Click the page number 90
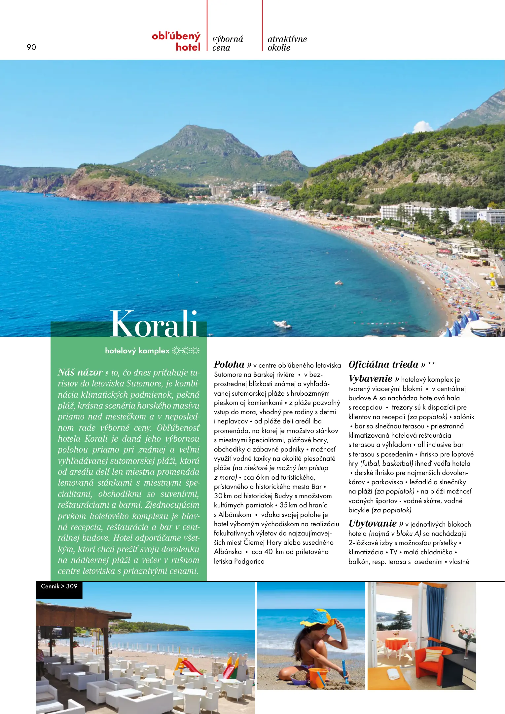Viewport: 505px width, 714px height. (31, 47)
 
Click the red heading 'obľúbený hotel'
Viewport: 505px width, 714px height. (176, 41)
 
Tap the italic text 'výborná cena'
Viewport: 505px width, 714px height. (228, 43)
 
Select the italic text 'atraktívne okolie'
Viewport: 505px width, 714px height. (287, 43)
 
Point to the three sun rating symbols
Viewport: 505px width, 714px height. (186, 351)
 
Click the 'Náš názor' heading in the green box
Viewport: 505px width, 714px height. (80, 373)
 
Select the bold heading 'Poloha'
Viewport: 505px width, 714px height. (229, 365)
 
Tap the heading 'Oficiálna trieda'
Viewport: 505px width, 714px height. (383, 365)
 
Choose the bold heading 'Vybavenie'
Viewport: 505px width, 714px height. (371, 379)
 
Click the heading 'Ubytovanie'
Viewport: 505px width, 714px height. (373, 524)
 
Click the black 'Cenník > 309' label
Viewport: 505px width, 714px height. (59, 586)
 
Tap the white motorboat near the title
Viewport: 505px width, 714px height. (282, 324)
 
